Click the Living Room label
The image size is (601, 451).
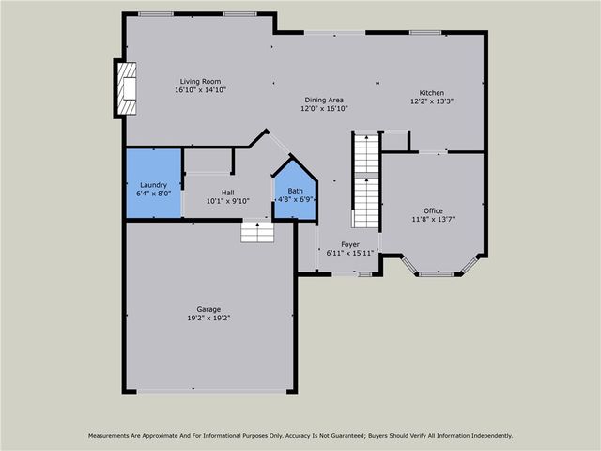(x=200, y=81)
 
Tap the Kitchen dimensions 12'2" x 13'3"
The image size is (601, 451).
(x=432, y=101)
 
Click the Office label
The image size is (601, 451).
(x=432, y=210)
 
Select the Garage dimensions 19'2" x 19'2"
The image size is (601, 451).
(x=208, y=318)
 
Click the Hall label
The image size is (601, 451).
(x=227, y=192)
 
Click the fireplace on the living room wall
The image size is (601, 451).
(x=125, y=88)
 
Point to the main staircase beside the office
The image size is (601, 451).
(x=365, y=179)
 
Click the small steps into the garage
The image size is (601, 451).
(x=256, y=231)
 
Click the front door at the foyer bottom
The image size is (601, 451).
(x=347, y=273)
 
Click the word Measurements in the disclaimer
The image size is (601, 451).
(x=116, y=436)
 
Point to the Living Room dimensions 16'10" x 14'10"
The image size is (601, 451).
(x=200, y=89)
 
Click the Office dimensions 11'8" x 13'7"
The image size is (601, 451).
(x=432, y=219)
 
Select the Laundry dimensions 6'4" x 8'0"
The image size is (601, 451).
(x=154, y=193)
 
